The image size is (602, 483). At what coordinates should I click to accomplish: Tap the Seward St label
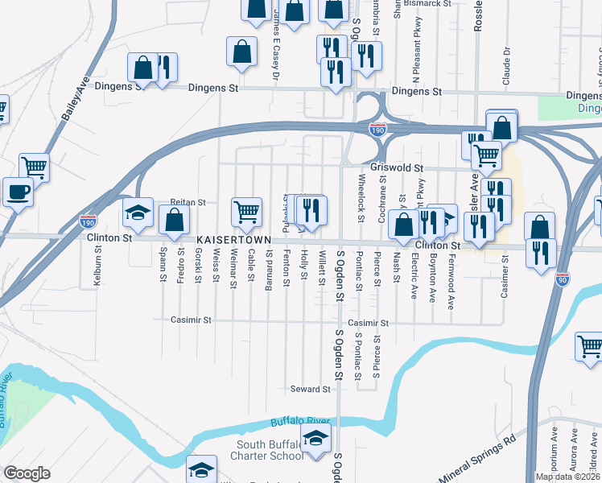(x=311, y=389)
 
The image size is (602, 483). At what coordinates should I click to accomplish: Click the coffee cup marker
(x=19, y=192)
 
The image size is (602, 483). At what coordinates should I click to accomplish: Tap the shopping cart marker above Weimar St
(x=246, y=213)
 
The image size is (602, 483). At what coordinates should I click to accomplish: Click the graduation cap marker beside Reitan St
(x=138, y=213)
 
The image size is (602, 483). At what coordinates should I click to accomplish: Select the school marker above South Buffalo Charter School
(x=315, y=439)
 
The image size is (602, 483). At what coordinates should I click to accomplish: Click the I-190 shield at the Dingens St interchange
(x=376, y=129)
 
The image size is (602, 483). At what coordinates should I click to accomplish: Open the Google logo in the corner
(x=27, y=473)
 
